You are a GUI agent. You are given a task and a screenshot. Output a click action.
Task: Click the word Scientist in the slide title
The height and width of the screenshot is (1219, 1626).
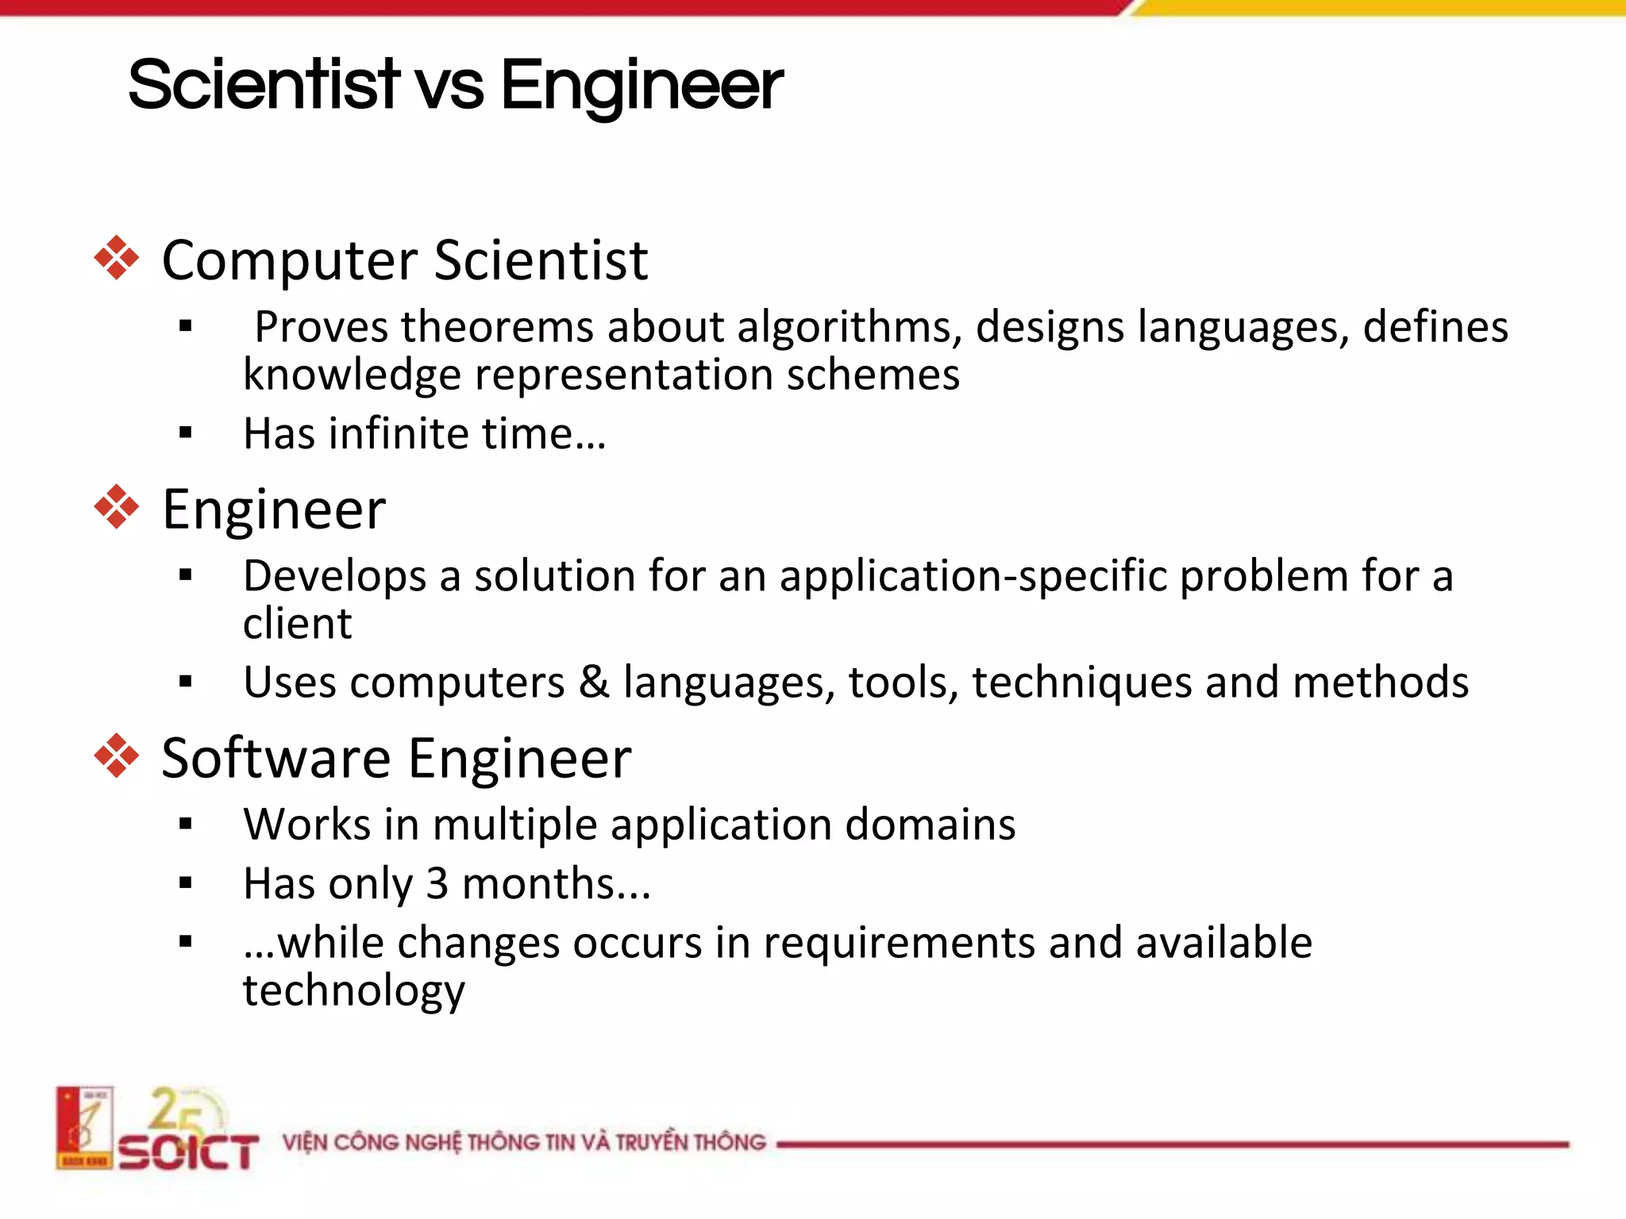264,85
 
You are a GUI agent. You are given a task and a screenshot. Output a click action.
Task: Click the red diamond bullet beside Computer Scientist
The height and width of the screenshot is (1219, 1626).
117,258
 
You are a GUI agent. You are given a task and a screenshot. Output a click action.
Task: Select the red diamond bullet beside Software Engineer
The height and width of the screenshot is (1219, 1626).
117,756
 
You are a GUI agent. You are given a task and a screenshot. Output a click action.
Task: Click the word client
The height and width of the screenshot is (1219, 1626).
297,624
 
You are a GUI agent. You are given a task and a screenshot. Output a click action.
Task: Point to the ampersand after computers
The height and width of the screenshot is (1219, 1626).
594,683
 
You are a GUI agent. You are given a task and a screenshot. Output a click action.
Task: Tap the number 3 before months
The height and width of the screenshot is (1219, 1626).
437,884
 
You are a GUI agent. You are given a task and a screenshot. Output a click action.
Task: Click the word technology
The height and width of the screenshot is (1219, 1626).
353,992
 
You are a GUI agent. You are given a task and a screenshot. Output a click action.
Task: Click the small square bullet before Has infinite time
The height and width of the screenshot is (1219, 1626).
186,433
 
